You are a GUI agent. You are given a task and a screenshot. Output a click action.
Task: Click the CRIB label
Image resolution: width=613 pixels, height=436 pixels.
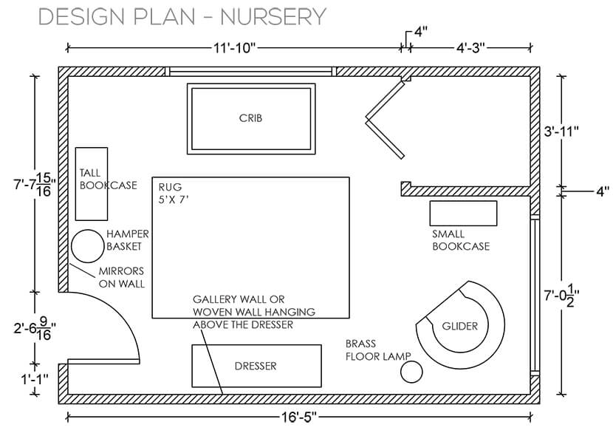point(251,117)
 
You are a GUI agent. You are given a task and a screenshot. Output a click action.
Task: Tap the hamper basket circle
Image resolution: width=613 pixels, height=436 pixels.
point(86,245)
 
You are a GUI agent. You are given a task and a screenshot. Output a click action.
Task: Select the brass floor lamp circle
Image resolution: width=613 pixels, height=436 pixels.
point(411,372)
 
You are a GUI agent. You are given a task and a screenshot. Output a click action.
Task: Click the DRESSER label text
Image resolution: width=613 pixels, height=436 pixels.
point(256,366)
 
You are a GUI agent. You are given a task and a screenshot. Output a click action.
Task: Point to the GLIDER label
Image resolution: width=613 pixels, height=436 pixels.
point(459,326)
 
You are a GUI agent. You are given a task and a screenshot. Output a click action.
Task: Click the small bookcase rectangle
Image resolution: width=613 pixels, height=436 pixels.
point(463,213)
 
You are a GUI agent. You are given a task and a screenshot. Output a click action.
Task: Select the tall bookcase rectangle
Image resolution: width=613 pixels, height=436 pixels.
point(92,183)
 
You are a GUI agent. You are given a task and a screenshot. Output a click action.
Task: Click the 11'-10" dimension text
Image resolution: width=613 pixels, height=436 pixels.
point(234,48)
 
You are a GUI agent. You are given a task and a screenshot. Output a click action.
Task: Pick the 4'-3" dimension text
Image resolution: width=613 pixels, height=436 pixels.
point(470,48)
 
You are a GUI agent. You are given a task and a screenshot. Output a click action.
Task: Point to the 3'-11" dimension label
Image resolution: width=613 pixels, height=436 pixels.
point(561,131)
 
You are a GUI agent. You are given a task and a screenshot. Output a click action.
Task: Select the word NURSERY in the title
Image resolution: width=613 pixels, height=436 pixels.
point(273,16)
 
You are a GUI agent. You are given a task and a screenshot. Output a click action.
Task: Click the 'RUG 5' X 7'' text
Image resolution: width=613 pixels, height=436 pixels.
point(175,194)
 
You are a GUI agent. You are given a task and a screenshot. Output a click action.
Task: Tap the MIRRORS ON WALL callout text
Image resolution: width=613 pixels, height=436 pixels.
point(121,277)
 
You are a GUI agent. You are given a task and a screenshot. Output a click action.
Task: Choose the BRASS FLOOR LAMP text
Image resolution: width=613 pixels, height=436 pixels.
point(377,350)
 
